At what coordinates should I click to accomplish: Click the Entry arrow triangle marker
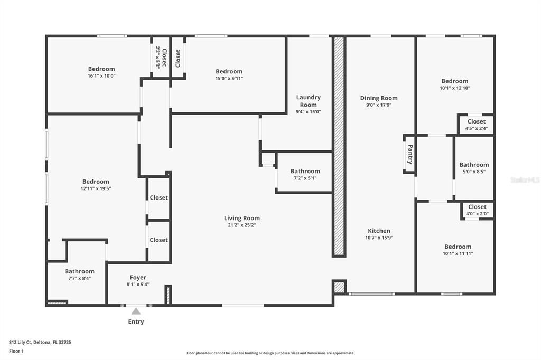(x=136, y=311)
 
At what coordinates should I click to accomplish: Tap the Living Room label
(x=242, y=218)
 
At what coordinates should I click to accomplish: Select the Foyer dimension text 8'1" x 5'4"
(x=138, y=284)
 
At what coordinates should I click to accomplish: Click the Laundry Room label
(x=308, y=101)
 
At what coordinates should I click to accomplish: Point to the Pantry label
(x=409, y=155)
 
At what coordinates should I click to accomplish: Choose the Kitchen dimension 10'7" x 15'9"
(x=379, y=238)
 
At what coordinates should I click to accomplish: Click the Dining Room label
(x=379, y=98)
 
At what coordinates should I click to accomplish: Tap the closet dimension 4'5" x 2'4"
(x=476, y=128)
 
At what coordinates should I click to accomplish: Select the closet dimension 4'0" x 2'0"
(x=477, y=214)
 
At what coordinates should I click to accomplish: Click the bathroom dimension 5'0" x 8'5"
(x=474, y=172)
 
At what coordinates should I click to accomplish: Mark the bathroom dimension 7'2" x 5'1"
(x=305, y=178)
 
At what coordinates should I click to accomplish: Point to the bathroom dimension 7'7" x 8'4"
(x=79, y=278)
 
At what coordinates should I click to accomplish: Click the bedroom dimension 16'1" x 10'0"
(x=101, y=75)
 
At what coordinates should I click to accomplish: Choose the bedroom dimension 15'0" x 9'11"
(x=229, y=78)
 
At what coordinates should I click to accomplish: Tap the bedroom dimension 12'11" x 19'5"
(x=95, y=188)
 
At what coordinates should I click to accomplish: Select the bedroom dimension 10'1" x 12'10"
(x=454, y=88)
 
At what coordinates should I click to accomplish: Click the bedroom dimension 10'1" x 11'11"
(x=458, y=253)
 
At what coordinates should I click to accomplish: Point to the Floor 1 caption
(x=16, y=351)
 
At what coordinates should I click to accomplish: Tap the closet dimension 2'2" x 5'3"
(x=157, y=57)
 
